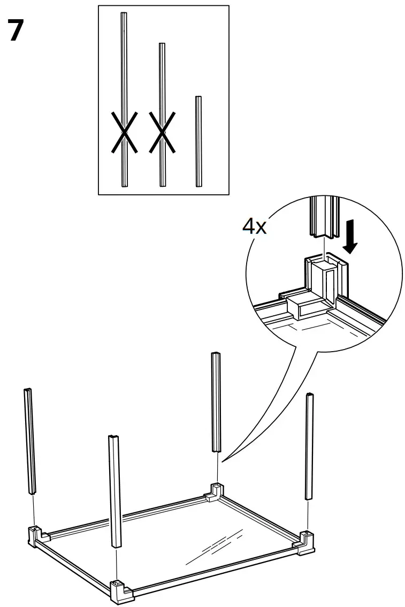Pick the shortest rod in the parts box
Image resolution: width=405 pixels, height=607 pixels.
coord(198,141)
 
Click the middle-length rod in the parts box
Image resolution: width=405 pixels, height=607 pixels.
coord(162,80)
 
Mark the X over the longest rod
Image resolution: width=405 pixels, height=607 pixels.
coord(124,132)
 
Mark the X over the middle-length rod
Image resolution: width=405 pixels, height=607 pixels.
coord(162,132)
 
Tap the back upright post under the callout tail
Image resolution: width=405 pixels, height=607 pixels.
coord(217,401)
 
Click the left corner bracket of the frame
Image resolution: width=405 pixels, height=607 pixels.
coord(35,534)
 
